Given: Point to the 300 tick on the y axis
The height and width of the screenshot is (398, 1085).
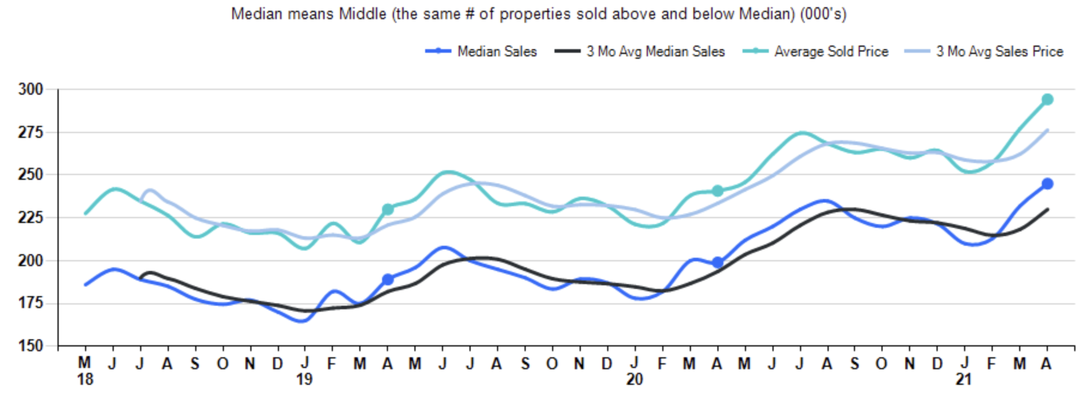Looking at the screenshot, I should pyautogui.click(x=31, y=89).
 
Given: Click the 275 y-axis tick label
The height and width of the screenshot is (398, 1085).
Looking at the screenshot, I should pyautogui.click(x=31, y=132).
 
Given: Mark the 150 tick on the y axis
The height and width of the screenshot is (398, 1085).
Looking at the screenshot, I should pyautogui.click(x=31, y=346).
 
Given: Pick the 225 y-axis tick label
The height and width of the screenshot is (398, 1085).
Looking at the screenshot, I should pyautogui.click(x=31, y=218).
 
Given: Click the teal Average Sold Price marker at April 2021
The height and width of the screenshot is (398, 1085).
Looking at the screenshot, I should pyautogui.click(x=1047, y=99).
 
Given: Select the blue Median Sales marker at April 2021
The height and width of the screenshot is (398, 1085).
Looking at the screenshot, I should pyautogui.click(x=1047, y=184).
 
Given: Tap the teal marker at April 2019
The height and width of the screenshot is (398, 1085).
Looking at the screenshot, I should pyautogui.click(x=388, y=209).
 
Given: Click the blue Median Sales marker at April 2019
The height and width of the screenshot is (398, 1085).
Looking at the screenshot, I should pyautogui.click(x=388, y=279).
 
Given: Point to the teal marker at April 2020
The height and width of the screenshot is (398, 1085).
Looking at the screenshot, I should pyautogui.click(x=717, y=191).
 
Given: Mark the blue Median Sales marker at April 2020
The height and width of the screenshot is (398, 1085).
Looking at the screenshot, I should pyautogui.click(x=717, y=263).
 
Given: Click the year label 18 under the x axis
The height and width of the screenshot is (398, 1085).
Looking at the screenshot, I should pyautogui.click(x=85, y=379).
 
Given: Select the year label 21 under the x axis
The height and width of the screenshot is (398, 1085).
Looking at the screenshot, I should pyautogui.click(x=963, y=379).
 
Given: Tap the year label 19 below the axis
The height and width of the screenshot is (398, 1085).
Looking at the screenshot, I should pyautogui.click(x=304, y=379).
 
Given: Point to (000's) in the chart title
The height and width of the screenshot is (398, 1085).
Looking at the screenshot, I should pyautogui.click(x=823, y=14).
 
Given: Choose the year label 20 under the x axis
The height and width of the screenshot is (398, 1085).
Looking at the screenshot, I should pyautogui.click(x=634, y=379).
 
